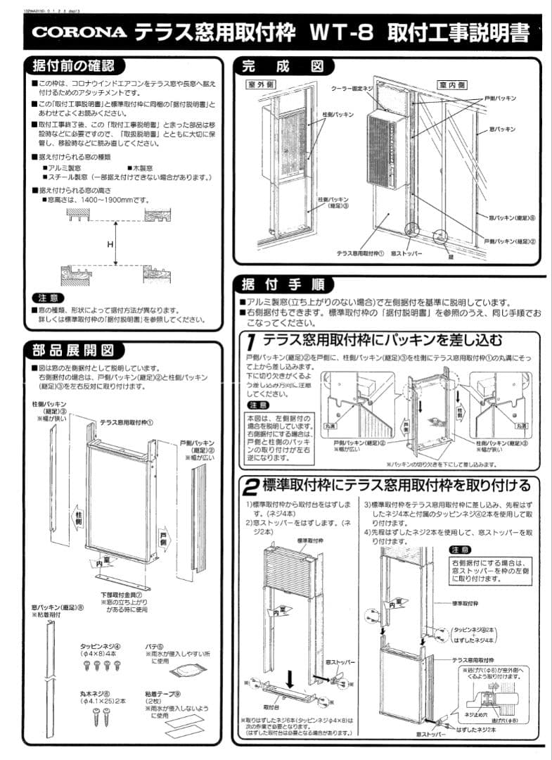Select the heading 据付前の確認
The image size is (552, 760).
tap(75, 67)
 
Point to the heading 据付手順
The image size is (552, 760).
tap(282, 284)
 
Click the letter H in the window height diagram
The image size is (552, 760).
tap(110, 243)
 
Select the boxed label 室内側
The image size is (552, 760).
tap(452, 84)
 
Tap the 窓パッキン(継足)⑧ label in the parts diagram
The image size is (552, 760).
tap(58, 607)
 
